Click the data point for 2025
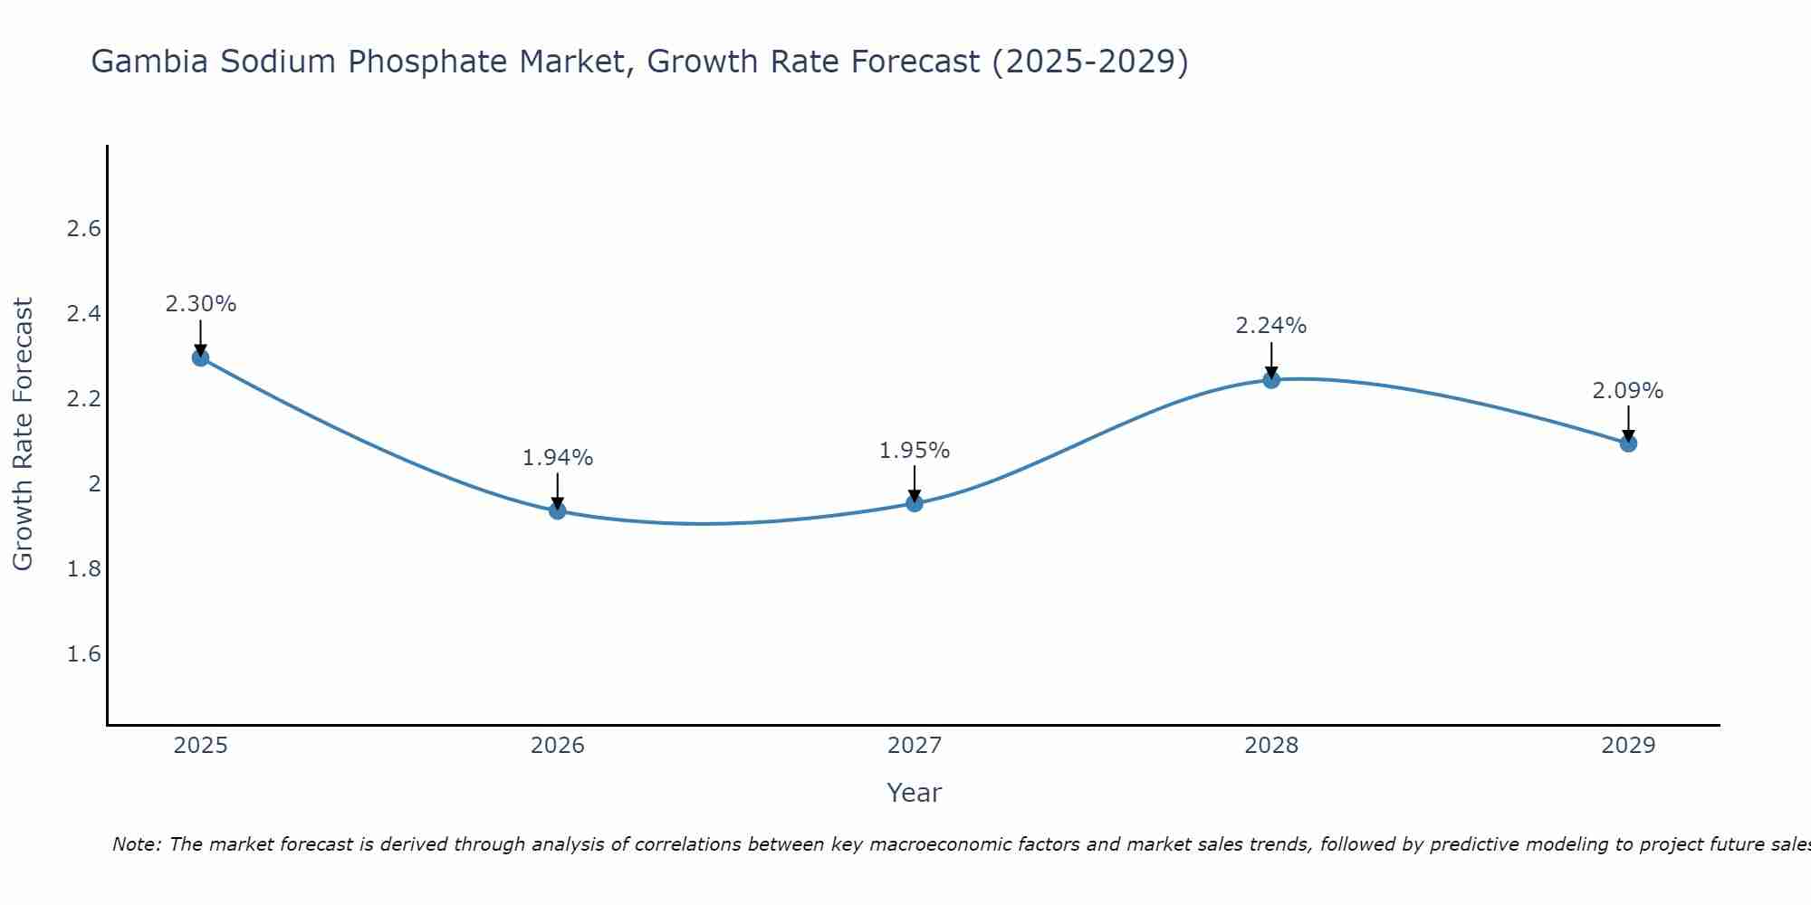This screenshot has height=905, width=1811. click(201, 357)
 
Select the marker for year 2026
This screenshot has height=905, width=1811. click(558, 510)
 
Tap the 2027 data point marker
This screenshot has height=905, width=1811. click(915, 503)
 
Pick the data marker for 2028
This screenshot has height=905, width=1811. click(1271, 379)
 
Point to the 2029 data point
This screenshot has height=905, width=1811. click(1628, 443)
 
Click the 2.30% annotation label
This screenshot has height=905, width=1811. click(201, 304)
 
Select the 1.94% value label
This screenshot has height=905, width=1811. click(558, 458)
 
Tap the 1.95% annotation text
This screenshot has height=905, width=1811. click(915, 451)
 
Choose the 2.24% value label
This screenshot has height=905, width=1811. click(1271, 326)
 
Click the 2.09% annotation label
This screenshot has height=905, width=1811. click(1628, 391)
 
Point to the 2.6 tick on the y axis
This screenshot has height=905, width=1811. click(84, 229)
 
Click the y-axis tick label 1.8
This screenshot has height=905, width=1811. click(84, 569)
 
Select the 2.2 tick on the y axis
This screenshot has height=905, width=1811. click(84, 399)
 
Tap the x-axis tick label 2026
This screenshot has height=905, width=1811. click(558, 746)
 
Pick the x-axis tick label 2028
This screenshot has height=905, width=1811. click(1271, 746)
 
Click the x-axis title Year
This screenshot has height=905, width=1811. click(915, 793)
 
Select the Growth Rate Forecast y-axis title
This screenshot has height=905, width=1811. click(23, 434)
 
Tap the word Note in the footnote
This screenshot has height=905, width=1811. click(136, 844)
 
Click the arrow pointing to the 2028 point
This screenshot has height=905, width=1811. click(1271, 360)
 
